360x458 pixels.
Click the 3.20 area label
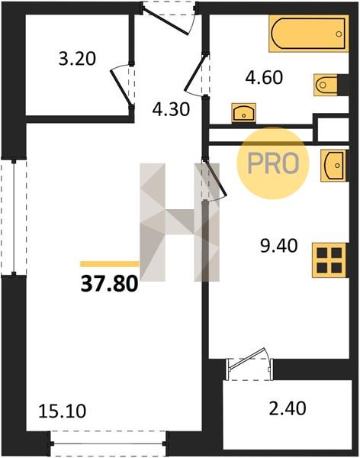coord(77,59)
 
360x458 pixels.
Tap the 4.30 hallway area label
coord(172,110)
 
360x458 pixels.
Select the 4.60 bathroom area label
coord(264,78)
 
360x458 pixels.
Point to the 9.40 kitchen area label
coord(279,246)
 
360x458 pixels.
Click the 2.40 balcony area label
coord(288,408)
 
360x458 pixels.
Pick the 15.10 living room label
coord(63,411)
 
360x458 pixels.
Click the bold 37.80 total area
coord(109,284)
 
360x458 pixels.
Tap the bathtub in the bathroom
coord(309,34)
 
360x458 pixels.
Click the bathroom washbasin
coord(244,113)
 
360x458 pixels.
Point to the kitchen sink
coord(333,166)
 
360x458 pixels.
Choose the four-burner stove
coord(329,260)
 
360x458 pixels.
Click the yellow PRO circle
coord(272,163)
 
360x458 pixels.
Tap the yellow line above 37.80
coord(110,264)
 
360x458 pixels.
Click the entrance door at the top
coord(169,18)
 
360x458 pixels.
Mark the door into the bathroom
coord(196,74)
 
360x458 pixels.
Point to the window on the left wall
coord(14,217)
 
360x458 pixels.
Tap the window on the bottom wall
coord(108,443)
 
